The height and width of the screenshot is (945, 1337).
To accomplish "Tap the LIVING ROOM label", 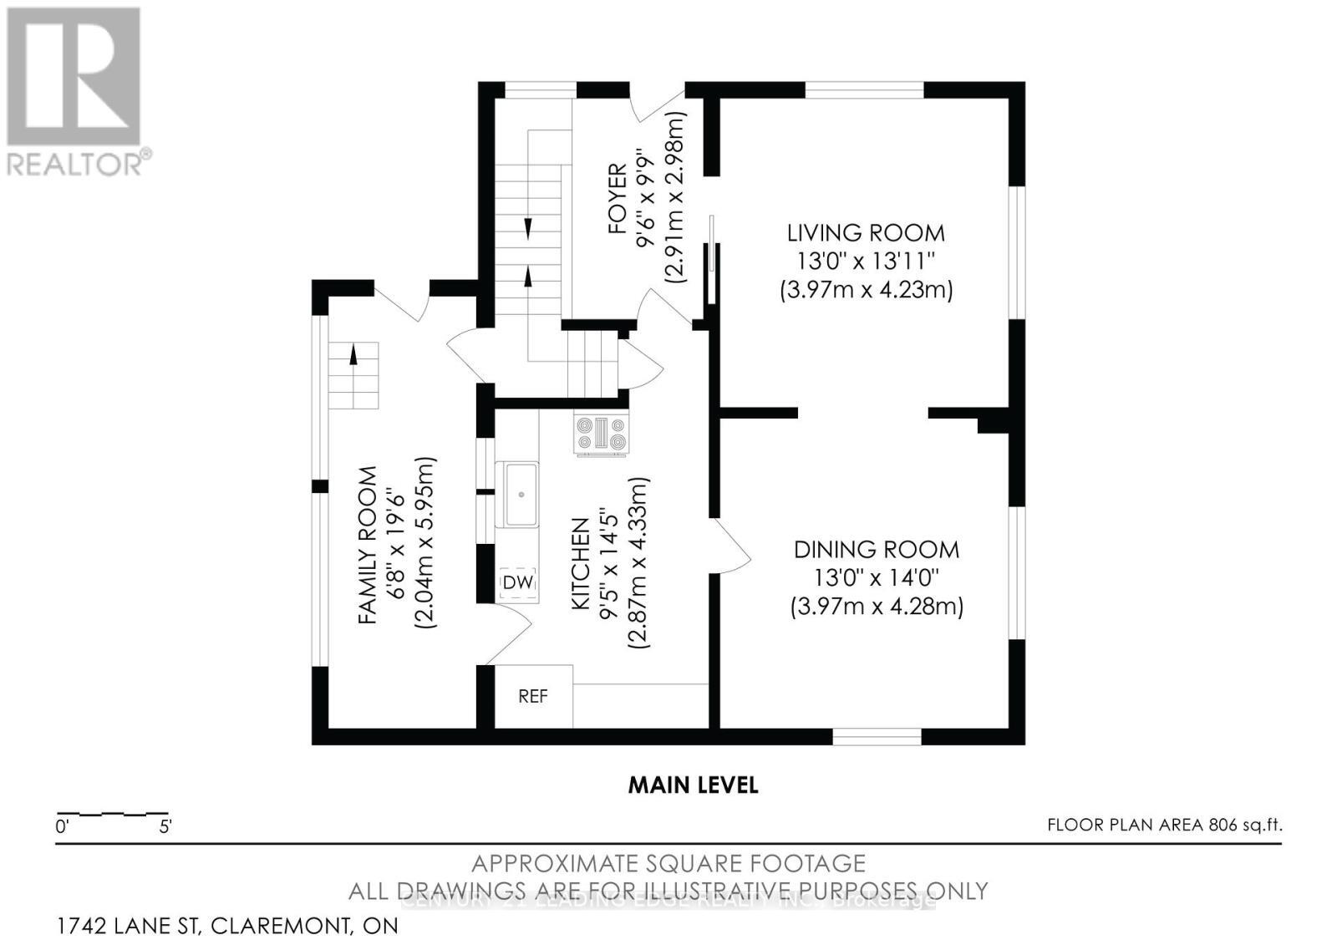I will (x=865, y=232).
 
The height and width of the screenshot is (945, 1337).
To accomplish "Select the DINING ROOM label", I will (x=876, y=549).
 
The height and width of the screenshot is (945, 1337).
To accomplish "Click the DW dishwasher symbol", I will (x=517, y=582).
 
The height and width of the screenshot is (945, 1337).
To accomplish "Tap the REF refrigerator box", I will (x=532, y=696).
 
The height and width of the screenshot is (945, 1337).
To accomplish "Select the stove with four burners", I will (x=601, y=434).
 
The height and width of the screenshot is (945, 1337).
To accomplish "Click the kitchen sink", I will (x=516, y=494).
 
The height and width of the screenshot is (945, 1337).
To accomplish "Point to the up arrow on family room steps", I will (x=353, y=355).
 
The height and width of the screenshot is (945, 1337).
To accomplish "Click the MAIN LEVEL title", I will (x=693, y=785).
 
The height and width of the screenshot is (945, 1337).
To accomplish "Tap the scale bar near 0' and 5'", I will (x=112, y=814).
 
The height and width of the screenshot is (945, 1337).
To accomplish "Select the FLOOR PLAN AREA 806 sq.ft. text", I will (x=1164, y=826).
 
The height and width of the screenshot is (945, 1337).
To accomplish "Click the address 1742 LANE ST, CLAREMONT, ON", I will (x=227, y=926).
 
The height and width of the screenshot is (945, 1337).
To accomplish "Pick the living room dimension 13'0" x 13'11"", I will (x=865, y=261).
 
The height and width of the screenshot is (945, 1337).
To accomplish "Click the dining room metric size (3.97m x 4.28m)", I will (x=877, y=606).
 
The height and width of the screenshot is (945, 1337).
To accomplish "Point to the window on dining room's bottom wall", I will (x=877, y=736).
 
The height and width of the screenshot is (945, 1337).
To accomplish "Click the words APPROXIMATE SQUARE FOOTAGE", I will (x=668, y=862).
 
